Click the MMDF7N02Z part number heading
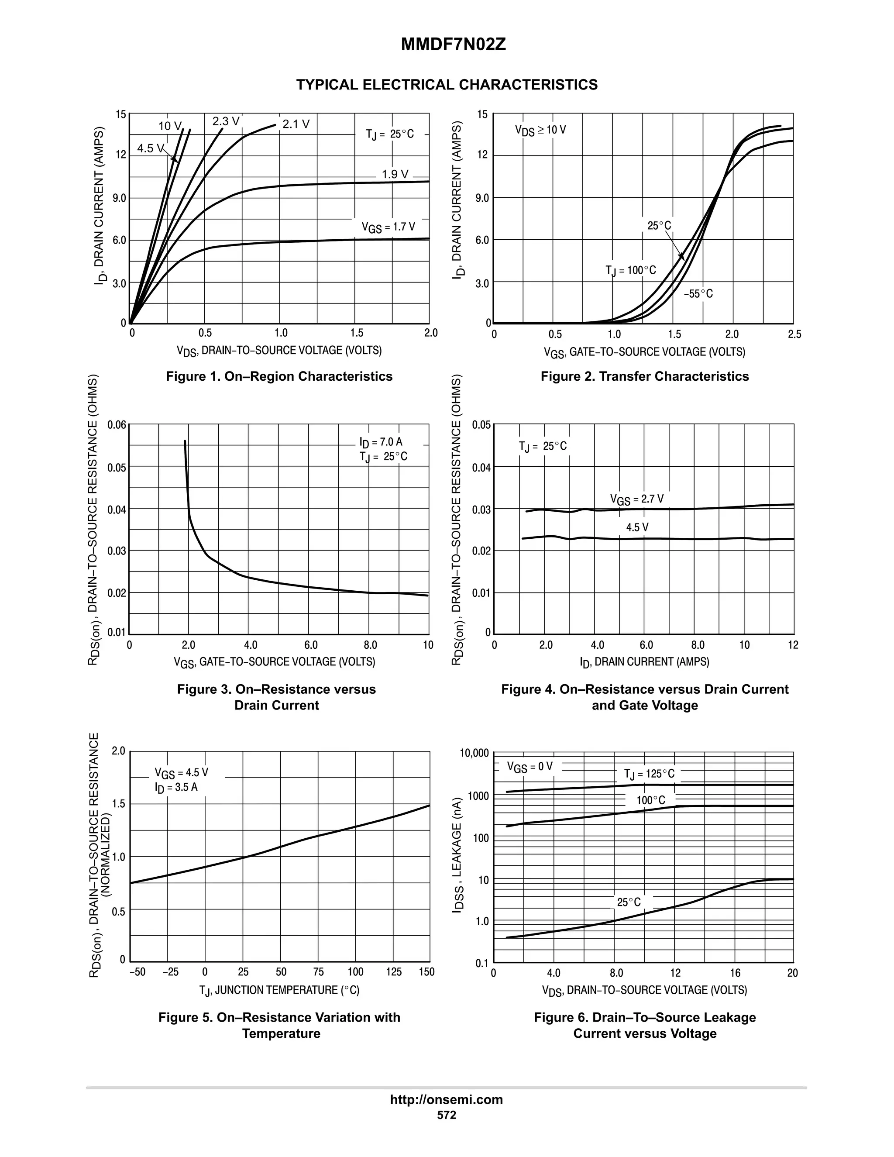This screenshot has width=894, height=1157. (x=454, y=45)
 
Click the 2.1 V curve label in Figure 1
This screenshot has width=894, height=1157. (x=296, y=124)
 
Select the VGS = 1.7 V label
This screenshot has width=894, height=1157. (x=388, y=227)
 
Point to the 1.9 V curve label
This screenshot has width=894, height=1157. (x=395, y=174)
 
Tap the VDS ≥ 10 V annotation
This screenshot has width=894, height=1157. (x=540, y=130)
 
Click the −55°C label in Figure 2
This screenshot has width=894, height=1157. (x=698, y=293)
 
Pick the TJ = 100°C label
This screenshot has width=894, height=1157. (x=630, y=271)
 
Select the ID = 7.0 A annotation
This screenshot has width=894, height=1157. (x=381, y=442)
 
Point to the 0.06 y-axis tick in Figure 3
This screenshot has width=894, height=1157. (x=117, y=425)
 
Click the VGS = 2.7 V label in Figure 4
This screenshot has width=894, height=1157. (x=636, y=499)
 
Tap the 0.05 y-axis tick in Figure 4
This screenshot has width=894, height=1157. (x=481, y=425)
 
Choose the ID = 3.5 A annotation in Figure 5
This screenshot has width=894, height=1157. (x=176, y=787)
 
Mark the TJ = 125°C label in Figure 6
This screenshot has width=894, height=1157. (x=649, y=774)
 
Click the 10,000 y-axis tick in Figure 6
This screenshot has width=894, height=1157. (x=474, y=753)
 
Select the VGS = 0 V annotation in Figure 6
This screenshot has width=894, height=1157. (x=529, y=767)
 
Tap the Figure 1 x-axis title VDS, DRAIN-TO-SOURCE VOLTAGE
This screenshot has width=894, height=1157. (x=279, y=351)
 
